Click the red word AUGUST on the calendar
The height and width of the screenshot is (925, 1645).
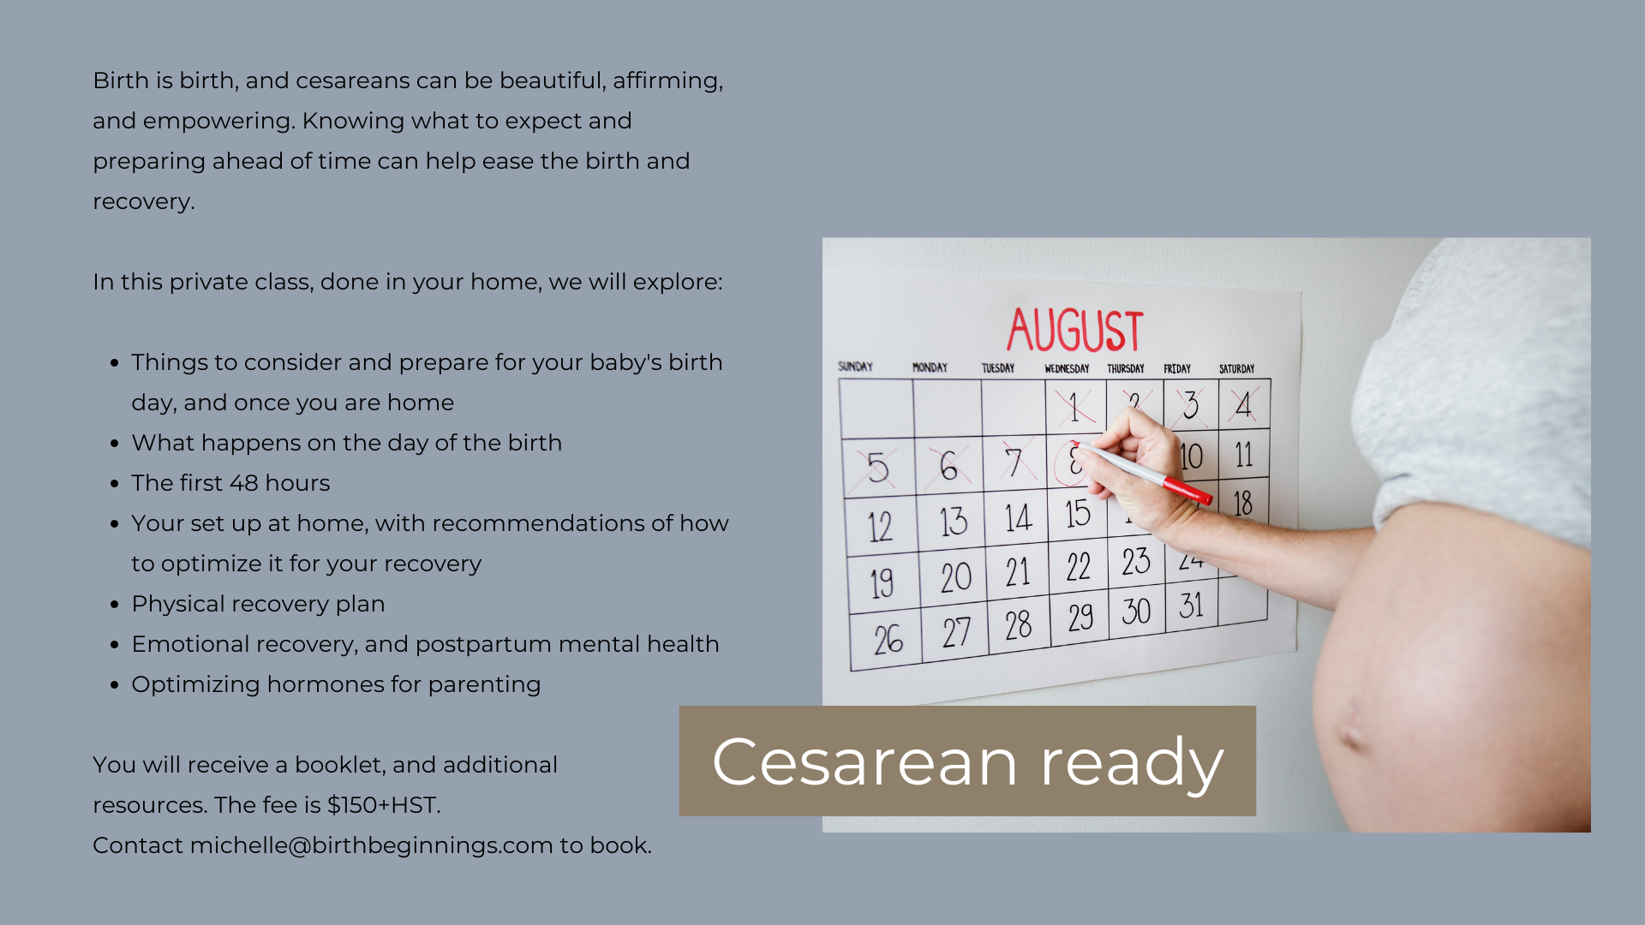point(1075,331)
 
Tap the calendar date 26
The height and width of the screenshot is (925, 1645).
point(888,639)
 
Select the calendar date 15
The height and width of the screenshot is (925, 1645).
point(1078,513)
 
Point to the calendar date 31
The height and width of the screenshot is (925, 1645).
point(1192,606)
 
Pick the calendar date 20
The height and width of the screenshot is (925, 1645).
point(956,577)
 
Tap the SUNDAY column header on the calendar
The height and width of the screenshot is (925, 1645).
point(855,367)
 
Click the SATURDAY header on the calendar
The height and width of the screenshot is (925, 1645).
point(1236,369)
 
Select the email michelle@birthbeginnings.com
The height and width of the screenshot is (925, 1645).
point(371,845)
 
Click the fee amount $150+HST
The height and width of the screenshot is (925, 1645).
point(384,805)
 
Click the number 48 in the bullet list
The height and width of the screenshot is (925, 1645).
point(243,483)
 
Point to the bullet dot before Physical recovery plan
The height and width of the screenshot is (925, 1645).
point(114,605)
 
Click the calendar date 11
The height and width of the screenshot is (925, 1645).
point(1244,455)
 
